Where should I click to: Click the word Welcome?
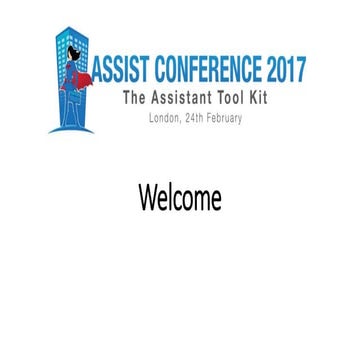tap(180, 197)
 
